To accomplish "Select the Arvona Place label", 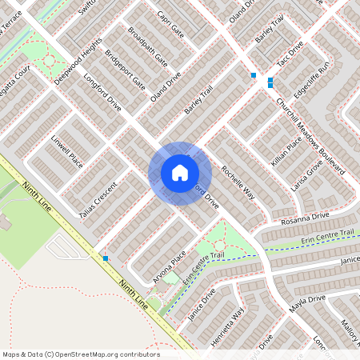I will [168, 268].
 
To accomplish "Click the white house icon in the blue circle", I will [180, 173].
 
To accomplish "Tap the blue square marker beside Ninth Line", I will [106, 258].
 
